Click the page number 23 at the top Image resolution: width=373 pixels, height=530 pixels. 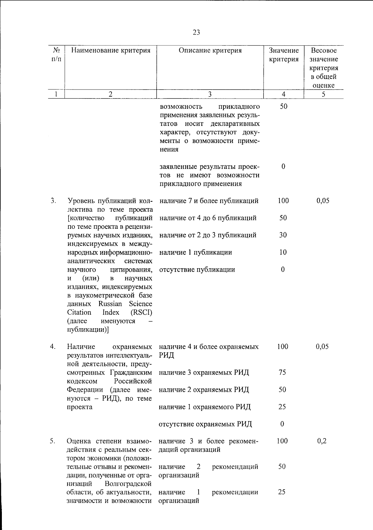coord(196,32)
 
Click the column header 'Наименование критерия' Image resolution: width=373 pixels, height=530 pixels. coord(111,50)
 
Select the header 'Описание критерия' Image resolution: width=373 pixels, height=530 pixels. coord(210,50)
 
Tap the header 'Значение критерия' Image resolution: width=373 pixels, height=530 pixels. coord(283,55)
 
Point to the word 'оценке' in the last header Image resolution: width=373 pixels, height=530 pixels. coord(324,85)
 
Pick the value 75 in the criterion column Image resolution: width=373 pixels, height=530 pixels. coord(282,372)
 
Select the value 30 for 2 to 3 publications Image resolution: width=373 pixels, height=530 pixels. coord(283,235)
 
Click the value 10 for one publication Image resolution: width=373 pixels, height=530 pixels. coord(283,252)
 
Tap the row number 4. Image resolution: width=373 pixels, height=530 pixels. coord(53,347)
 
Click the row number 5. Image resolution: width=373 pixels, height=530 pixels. coord(53,441)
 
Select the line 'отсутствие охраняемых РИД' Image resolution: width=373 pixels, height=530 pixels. coord(205,424)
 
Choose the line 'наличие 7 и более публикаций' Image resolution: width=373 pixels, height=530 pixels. coord(209,201)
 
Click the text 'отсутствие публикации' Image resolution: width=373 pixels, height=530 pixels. coord(197,270)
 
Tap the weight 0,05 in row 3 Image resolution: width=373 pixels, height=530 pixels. coord(323,201)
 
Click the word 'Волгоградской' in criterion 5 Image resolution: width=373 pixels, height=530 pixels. coord(128,484)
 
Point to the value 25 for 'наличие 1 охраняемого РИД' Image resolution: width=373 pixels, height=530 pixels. coord(282,407)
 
